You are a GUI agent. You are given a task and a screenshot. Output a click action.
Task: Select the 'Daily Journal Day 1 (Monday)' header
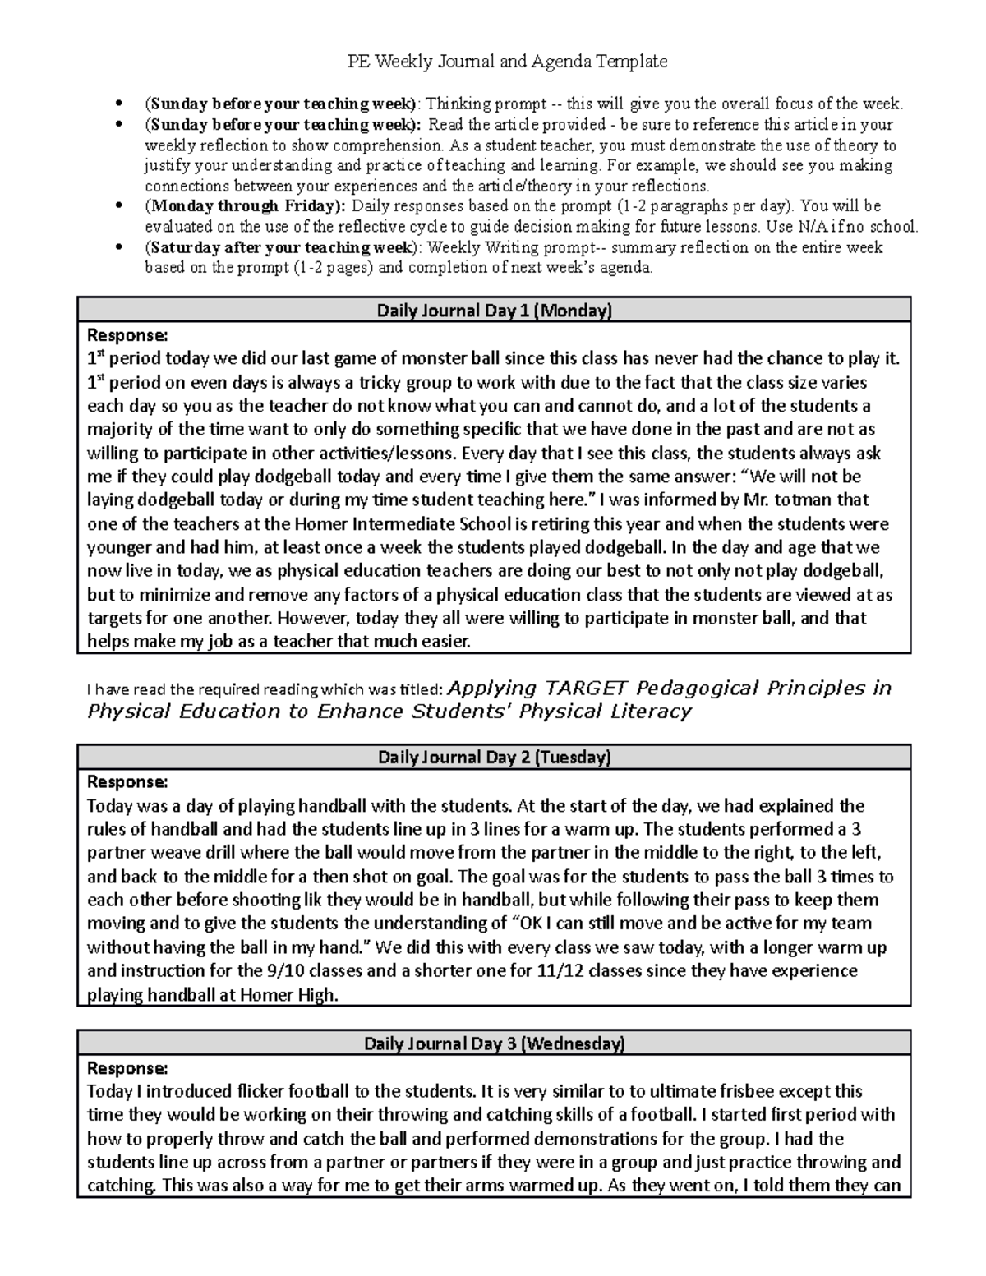pyautogui.click(x=494, y=311)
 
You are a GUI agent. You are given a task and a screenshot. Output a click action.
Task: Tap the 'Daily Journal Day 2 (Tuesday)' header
pyautogui.click(x=494, y=757)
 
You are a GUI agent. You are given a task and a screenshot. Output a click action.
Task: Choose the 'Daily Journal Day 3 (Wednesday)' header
pyautogui.click(x=494, y=1043)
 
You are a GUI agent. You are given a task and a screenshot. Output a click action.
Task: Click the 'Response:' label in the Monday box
pyautogui.click(x=127, y=334)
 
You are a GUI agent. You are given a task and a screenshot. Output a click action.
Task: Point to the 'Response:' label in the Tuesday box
pyautogui.click(x=127, y=781)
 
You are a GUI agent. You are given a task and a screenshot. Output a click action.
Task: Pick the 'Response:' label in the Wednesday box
pyautogui.click(x=127, y=1067)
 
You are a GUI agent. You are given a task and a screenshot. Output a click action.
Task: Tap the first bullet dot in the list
pyautogui.click(x=121, y=104)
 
